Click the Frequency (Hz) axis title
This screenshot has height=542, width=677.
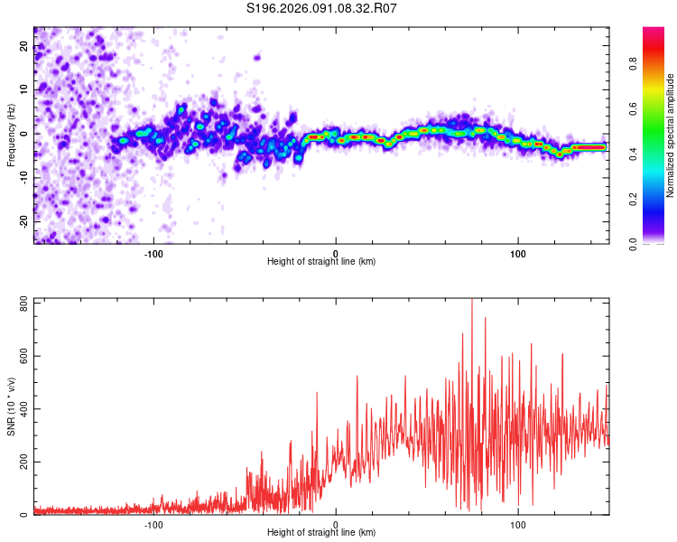tap(11, 135)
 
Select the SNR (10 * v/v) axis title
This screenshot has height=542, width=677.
tap(11, 406)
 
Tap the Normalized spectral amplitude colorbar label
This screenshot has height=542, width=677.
tap(671, 135)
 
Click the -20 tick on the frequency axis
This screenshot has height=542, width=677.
tap(23, 220)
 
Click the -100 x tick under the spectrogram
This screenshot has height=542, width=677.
tap(153, 254)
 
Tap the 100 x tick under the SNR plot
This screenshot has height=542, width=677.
tap(518, 525)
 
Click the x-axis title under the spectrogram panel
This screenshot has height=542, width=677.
tap(321, 262)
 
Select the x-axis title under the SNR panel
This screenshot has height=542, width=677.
tap(321, 533)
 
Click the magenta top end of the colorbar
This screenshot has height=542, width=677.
tap(653, 32)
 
